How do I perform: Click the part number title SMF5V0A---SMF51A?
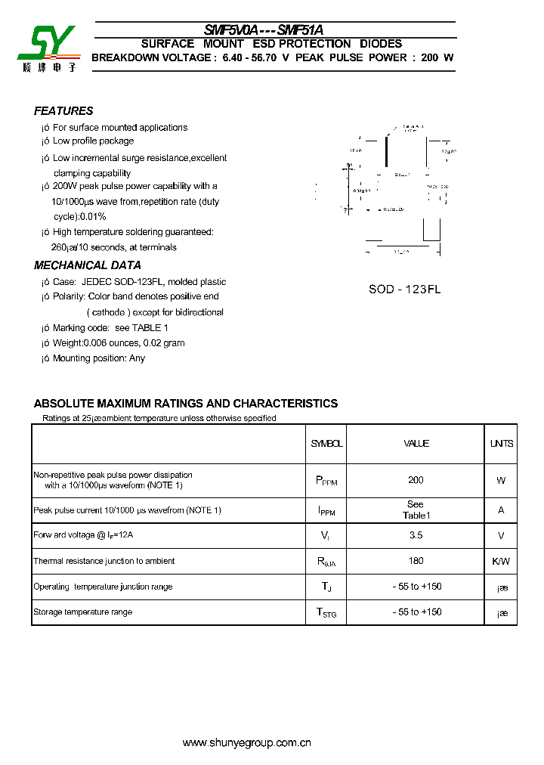(264, 30)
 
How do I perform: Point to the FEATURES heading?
(63, 110)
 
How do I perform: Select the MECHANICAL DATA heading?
(88, 265)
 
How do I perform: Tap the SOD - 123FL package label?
(404, 290)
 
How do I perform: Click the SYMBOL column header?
(326, 444)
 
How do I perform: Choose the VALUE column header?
(416, 444)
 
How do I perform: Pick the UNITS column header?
(501, 444)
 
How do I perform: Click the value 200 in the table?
(416, 480)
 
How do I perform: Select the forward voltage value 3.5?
(416, 535)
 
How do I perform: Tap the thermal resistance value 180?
(416, 561)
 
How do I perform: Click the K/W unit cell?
(501, 561)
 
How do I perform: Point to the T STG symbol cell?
(326, 612)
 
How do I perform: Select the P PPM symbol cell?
(326, 481)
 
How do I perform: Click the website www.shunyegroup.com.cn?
(247, 743)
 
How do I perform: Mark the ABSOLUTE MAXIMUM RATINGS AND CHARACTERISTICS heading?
(186, 404)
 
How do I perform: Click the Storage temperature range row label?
(82, 612)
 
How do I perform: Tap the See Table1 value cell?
(416, 509)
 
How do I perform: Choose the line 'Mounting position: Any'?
(98, 358)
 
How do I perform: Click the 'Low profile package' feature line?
(93, 141)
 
